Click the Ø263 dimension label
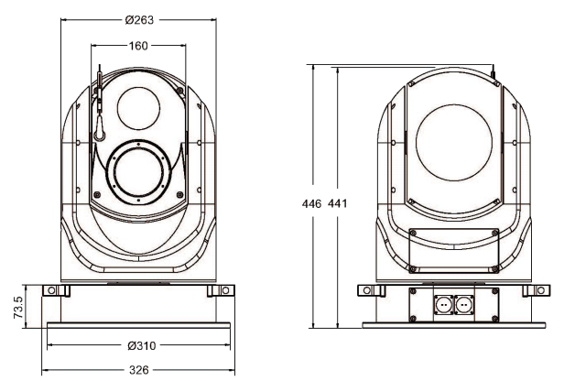tap(139, 21)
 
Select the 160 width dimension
tap(138, 46)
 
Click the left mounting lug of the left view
tap(60, 290)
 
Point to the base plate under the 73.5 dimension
tap(138, 326)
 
